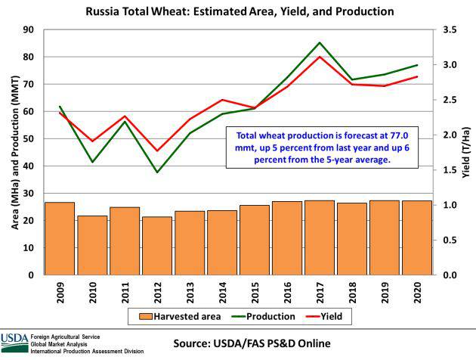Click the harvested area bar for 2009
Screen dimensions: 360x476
point(60,238)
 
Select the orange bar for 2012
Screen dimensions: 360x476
point(157,246)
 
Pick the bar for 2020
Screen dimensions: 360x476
point(417,237)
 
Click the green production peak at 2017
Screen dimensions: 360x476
point(320,43)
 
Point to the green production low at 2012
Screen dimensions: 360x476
point(157,172)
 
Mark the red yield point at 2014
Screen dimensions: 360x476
point(222,100)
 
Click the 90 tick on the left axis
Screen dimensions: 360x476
point(31,29)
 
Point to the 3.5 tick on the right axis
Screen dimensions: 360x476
point(450,29)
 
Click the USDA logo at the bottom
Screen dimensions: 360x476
point(13,340)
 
